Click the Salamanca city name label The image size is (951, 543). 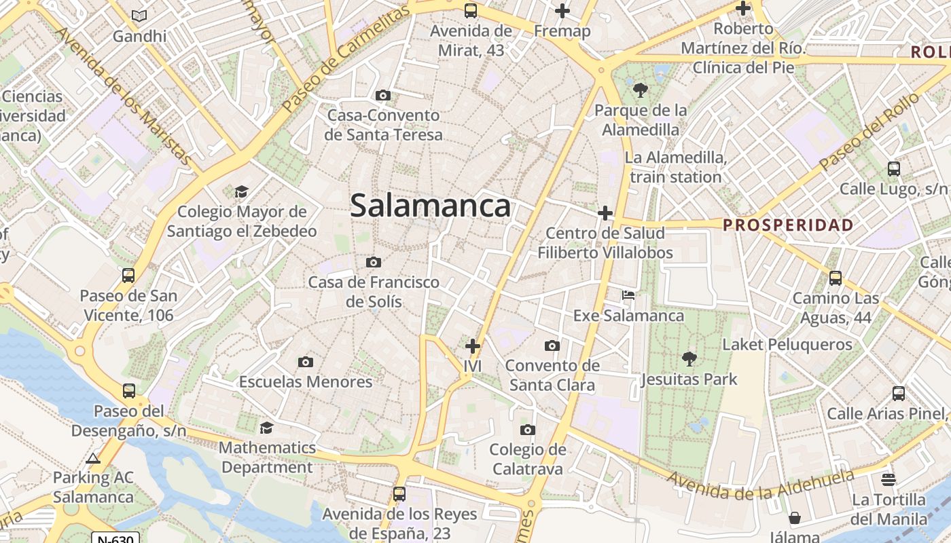coord(430,206)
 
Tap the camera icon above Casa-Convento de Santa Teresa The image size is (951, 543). coord(383,96)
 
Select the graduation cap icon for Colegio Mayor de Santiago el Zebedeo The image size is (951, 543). coord(241,192)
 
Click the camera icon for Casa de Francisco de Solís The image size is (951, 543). coord(373,262)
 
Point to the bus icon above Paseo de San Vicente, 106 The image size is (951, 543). coord(128,275)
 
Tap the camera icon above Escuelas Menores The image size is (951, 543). coord(306,362)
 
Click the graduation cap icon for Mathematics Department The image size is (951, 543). coord(267,428)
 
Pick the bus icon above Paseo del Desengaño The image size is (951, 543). coord(128,391)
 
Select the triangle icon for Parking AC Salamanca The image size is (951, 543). coord(94,458)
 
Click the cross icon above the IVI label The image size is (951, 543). coord(473,346)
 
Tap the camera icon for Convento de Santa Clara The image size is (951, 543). coord(552,346)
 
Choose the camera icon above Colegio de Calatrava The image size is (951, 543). coord(527,430)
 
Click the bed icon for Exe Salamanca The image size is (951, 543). coord(628,295)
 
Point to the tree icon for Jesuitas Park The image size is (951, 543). coord(689,358)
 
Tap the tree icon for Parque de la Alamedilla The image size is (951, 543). coord(640,90)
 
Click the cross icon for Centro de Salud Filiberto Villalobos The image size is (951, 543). coord(605,214)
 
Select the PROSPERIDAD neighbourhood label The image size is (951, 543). coord(788,225)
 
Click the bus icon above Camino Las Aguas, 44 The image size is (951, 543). coord(836,278)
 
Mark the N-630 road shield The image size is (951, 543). coord(115,538)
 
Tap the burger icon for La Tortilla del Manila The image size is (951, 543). coord(889,480)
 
